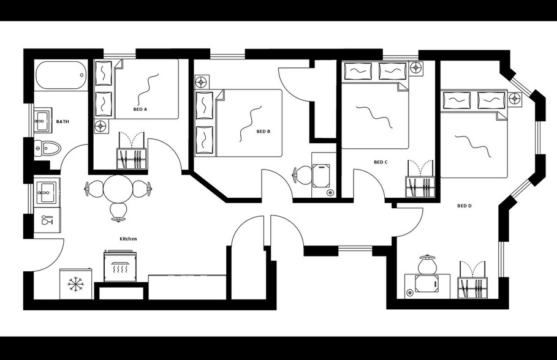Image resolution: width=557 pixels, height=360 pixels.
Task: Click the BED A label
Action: click(140, 110)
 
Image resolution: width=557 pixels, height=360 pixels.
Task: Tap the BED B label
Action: click(263, 132)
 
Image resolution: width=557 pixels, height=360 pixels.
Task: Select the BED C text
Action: click(381, 162)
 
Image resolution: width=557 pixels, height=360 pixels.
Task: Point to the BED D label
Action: click(464, 206)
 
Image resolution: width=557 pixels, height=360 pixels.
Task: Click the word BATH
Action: click(63, 122)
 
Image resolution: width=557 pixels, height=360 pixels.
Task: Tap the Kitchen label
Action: click(128, 239)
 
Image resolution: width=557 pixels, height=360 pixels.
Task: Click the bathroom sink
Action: click(42, 119)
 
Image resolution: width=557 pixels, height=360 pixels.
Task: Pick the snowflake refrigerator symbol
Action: click(76, 283)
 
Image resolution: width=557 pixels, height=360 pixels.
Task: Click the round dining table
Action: click(118, 189)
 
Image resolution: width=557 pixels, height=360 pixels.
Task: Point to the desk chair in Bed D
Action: click(426, 264)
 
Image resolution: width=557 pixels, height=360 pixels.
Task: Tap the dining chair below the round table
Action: click(119, 211)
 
